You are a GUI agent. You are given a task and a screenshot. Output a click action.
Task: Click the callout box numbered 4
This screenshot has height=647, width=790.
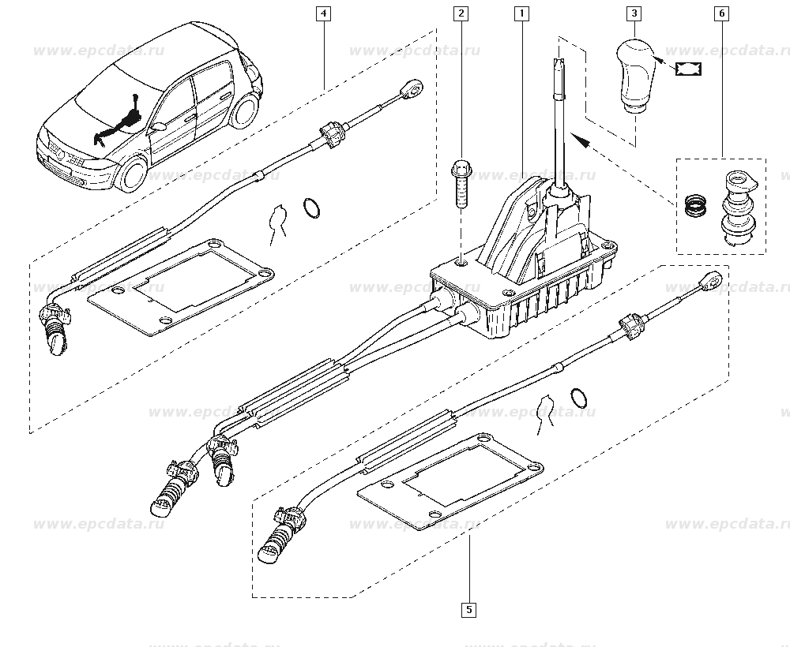click(x=323, y=13)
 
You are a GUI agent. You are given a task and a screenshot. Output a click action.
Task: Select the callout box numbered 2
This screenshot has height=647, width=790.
click(x=461, y=13)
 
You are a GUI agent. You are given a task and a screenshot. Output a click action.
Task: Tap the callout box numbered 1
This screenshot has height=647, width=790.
click(x=521, y=13)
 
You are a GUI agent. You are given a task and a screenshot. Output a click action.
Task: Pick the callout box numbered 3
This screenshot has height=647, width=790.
click(x=634, y=13)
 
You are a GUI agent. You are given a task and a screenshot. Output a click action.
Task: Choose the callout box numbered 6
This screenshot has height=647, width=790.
click(x=721, y=13)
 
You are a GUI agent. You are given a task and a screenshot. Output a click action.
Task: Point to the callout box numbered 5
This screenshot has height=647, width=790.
click(x=469, y=610)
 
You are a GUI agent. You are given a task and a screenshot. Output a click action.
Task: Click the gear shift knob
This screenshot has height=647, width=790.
click(x=634, y=76)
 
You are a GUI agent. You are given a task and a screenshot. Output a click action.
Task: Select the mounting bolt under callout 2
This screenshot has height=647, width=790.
click(x=461, y=184)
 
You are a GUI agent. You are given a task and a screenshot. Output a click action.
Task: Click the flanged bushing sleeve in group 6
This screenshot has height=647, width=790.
click(x=737, y=209)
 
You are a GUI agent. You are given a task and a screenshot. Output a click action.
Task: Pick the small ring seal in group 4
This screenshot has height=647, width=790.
click(x=311, y=208)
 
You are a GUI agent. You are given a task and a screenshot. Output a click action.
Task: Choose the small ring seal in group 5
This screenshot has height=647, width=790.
click(x=579, y=398)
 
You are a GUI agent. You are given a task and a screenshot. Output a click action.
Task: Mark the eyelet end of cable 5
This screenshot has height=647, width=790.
click(x=713, y=280)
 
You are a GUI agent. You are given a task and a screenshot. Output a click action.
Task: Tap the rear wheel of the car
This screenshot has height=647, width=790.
click(x=243, y=112)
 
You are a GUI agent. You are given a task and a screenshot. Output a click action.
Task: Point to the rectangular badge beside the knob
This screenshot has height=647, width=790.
click(x=688, y=69)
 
